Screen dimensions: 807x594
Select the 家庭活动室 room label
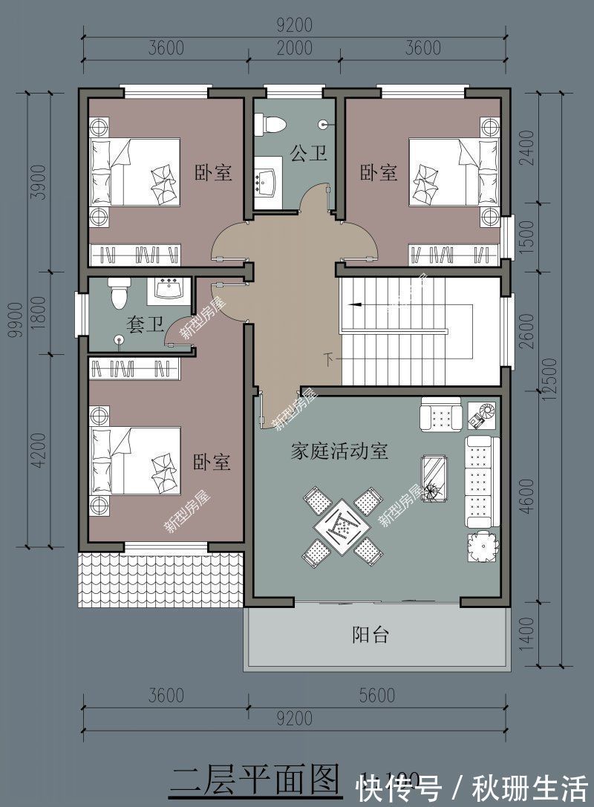(x=339, y=451)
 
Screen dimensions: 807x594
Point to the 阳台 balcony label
(x=371, y=635)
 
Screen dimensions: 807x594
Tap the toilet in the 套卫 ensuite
(x=119, y=294)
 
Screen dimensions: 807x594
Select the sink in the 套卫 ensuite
(x=171, y=290)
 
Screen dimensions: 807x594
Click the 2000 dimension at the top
(x=295, y=48)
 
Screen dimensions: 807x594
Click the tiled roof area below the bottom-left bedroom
(x=160, y=579)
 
